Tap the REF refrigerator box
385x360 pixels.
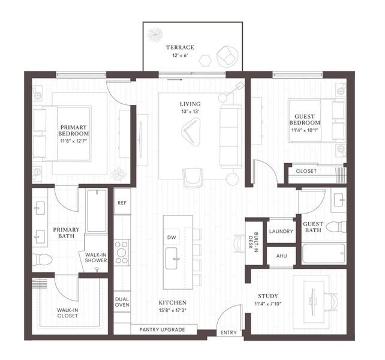122,202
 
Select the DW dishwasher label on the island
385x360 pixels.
172,238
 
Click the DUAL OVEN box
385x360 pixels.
122,302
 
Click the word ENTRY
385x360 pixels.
228,332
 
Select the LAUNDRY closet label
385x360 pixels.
281,231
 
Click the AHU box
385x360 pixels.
281,256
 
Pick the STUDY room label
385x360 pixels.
267,296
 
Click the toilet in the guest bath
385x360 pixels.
339,227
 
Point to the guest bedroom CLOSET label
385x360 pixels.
306,172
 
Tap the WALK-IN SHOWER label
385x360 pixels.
96,257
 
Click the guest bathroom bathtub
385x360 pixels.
323,254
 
